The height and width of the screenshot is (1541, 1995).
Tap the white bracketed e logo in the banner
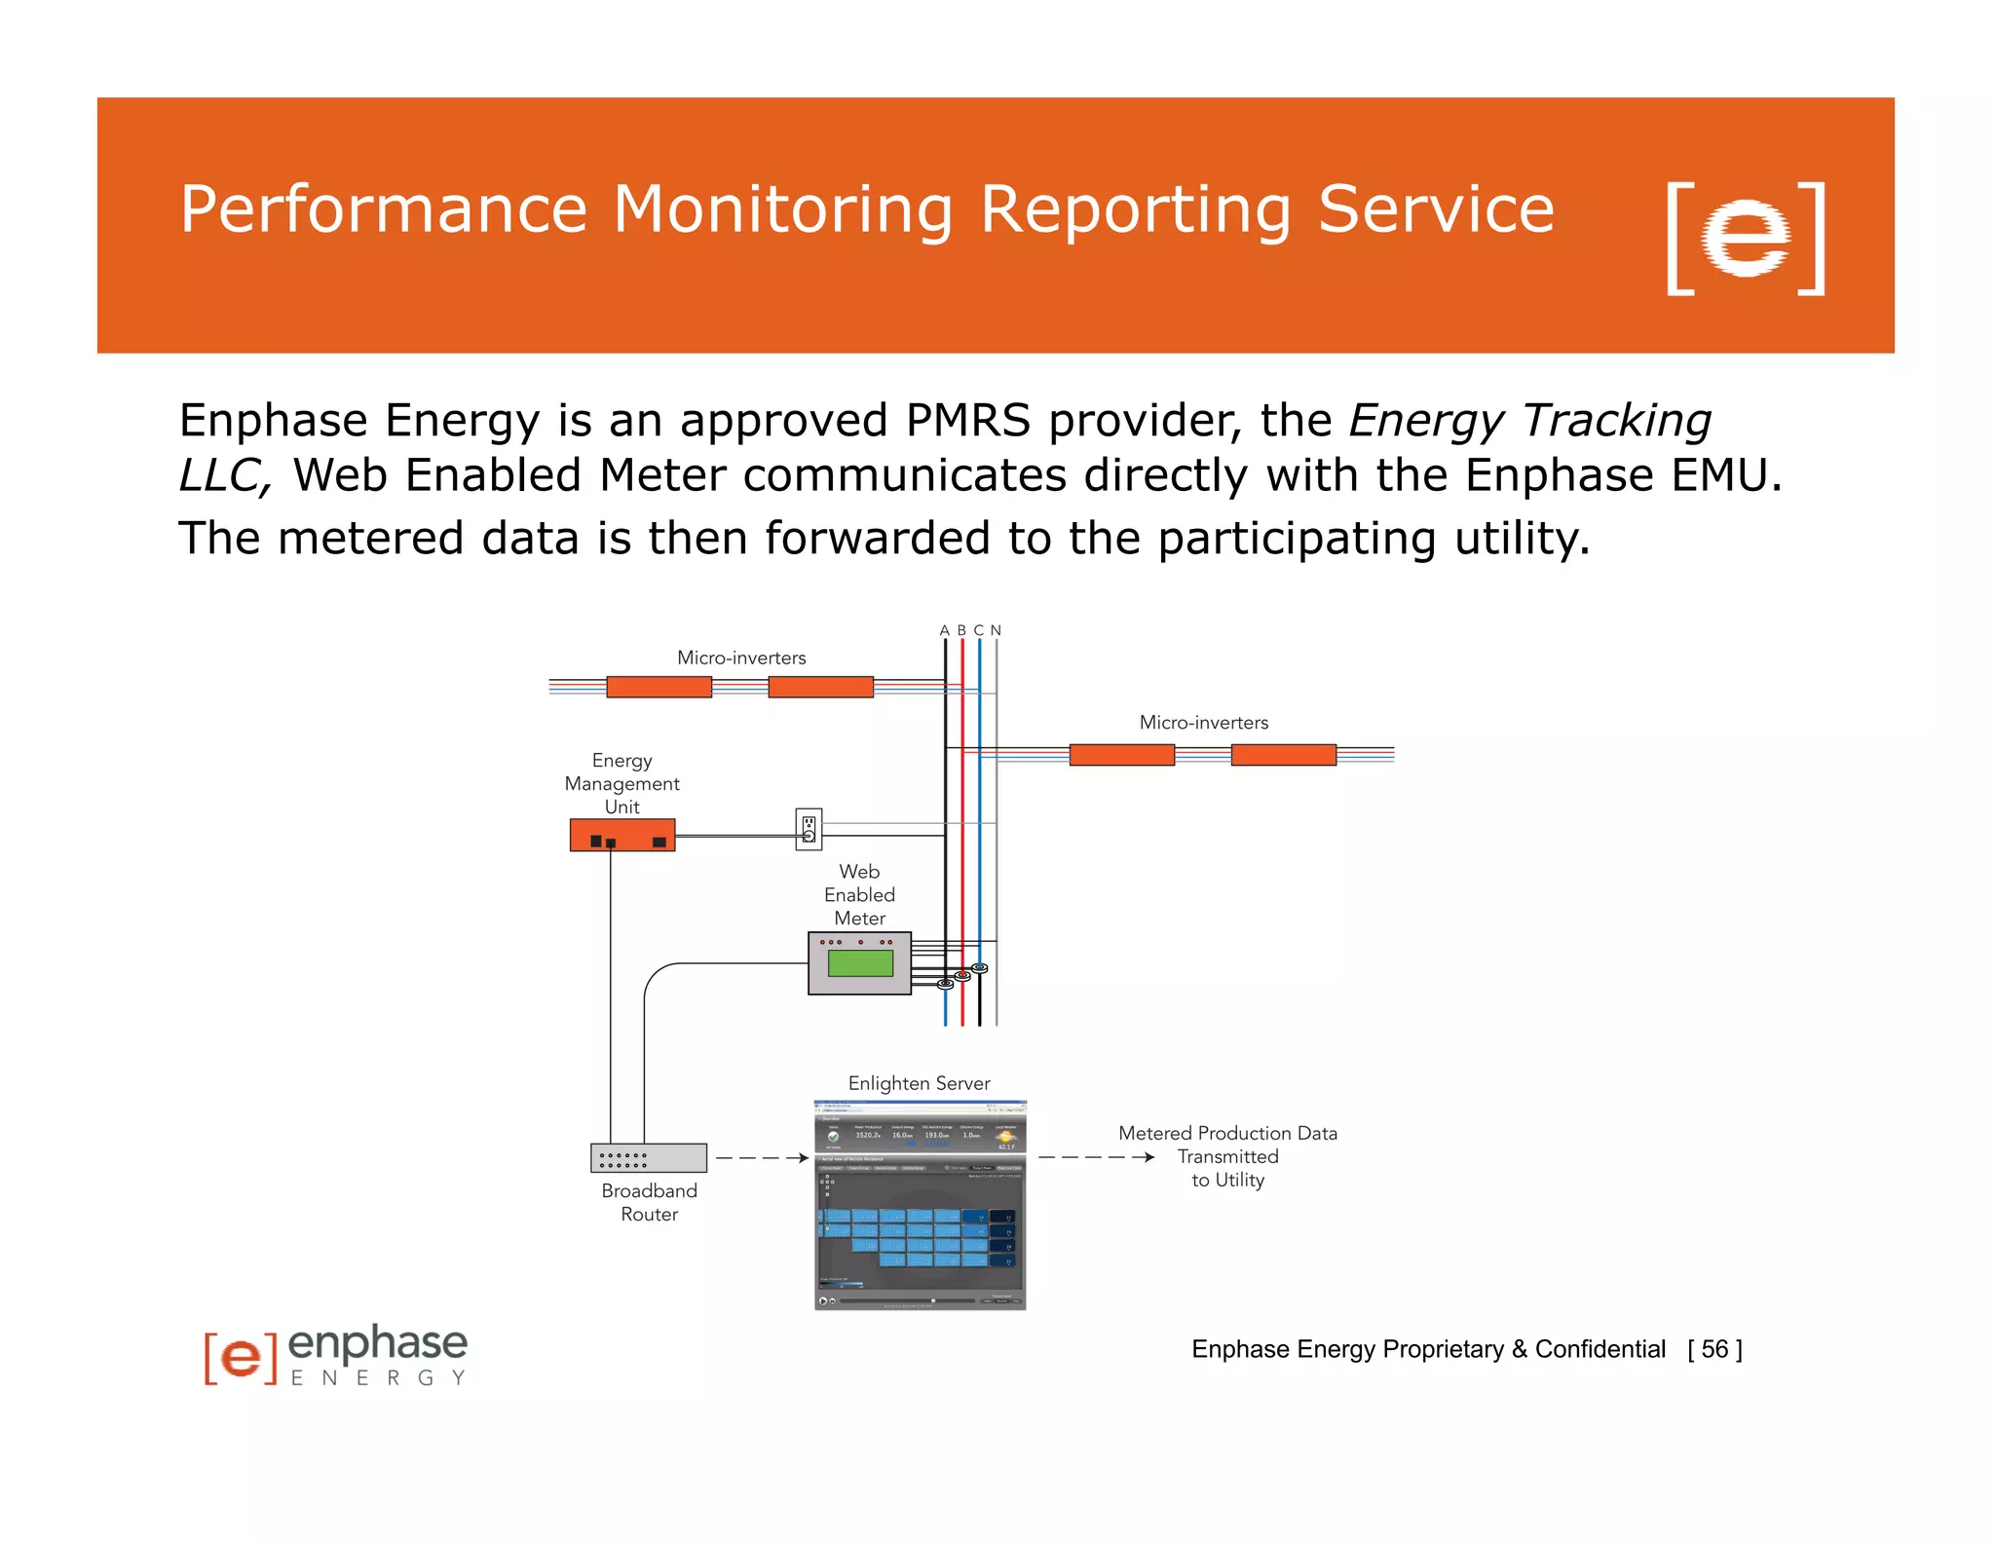(1746, 239)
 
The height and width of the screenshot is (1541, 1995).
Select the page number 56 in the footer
(1714, 1349)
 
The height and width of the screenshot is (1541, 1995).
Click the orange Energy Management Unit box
(621, 836)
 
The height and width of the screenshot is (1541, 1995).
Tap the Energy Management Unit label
(621, 783)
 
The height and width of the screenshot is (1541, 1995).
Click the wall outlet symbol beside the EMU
(809, 829)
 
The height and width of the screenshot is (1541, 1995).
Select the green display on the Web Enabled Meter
(860, 963)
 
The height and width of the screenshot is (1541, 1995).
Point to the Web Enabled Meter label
(859, 894)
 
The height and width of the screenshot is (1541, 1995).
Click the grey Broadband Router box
(649, 1157)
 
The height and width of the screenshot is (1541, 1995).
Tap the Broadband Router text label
(649, 1202)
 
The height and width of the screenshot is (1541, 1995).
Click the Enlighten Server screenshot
(920, 1205)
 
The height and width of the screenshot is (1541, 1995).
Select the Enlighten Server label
(919, 1083)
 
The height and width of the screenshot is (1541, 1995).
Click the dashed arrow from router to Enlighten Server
(762, 1158)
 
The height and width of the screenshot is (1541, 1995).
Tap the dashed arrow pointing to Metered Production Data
(1096, 1157)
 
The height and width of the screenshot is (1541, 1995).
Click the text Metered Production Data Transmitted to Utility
(1227, 1156)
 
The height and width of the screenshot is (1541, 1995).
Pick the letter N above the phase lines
(996, 630)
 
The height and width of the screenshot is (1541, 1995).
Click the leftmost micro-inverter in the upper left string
(659, 687)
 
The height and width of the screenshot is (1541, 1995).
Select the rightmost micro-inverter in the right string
(1283, 754)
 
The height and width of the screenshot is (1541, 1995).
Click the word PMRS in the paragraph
(967, 421)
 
